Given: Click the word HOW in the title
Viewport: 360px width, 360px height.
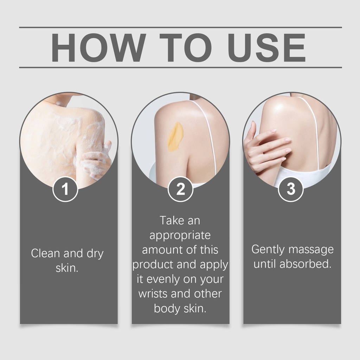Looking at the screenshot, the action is [x=98, y=47].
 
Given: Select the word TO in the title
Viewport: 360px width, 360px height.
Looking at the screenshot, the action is [x=186, y=47].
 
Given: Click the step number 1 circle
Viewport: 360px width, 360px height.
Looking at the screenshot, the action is [x=65, y=189].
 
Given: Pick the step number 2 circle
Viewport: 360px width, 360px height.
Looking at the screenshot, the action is [x=180, y=189].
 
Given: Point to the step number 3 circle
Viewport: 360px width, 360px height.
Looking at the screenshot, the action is [x=291, y=189].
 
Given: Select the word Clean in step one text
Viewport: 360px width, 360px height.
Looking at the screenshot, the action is [x=45, y=253].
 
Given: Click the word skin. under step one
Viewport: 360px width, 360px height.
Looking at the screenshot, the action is [x=67, y=268].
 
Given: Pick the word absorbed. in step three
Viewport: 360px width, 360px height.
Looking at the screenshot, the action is [x=306, y=264].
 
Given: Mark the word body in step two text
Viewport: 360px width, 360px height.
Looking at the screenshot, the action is [x=167, y=309].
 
